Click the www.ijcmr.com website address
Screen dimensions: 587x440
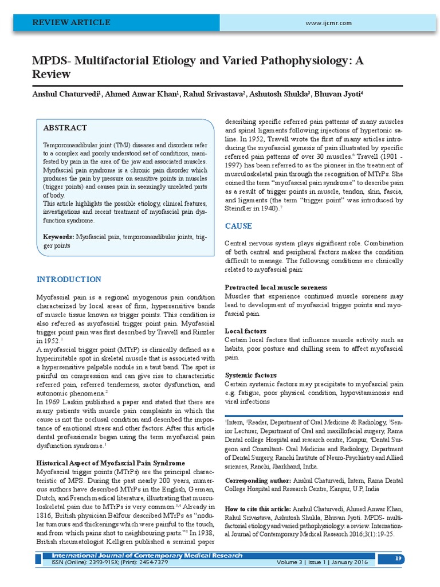328,23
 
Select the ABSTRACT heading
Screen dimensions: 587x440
65,128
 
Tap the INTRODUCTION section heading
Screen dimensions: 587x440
69,279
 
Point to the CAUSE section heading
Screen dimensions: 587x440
238,226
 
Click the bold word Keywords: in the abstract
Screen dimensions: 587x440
58,237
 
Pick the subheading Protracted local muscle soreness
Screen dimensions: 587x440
276,287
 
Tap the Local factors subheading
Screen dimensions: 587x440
245,331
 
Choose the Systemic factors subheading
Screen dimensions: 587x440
250,375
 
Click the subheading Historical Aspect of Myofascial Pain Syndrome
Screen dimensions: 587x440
111,463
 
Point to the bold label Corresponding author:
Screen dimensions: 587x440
257,480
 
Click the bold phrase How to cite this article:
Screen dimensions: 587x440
258,509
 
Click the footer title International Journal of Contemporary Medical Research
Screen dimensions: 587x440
147,555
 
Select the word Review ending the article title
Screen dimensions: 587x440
53,75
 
